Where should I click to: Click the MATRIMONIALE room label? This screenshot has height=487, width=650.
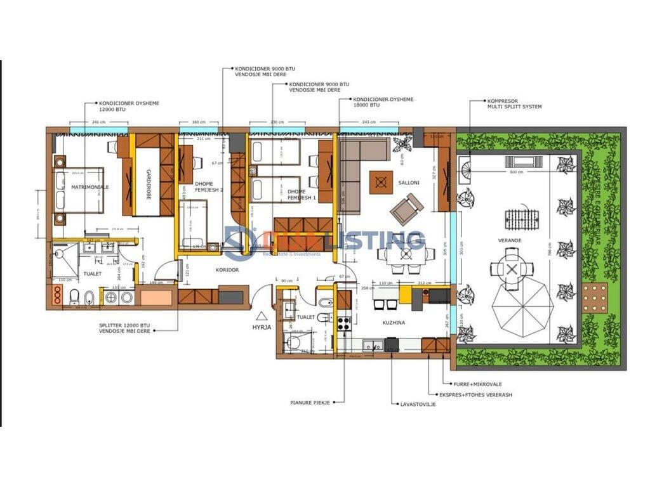pos(90,188)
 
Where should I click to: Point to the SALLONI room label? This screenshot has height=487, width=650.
pos(409,183)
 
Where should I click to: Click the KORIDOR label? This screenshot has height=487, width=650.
pos(227,270)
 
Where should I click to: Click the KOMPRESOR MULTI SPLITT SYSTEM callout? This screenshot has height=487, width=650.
pos(514,103)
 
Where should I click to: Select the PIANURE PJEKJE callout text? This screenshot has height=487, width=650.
pos(310,401)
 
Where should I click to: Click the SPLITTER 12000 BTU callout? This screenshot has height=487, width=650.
pos(125,328)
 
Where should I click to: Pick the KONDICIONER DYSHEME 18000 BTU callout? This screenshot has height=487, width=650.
pos(383,102)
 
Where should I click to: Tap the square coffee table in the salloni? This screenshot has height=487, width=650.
pos(381,183)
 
